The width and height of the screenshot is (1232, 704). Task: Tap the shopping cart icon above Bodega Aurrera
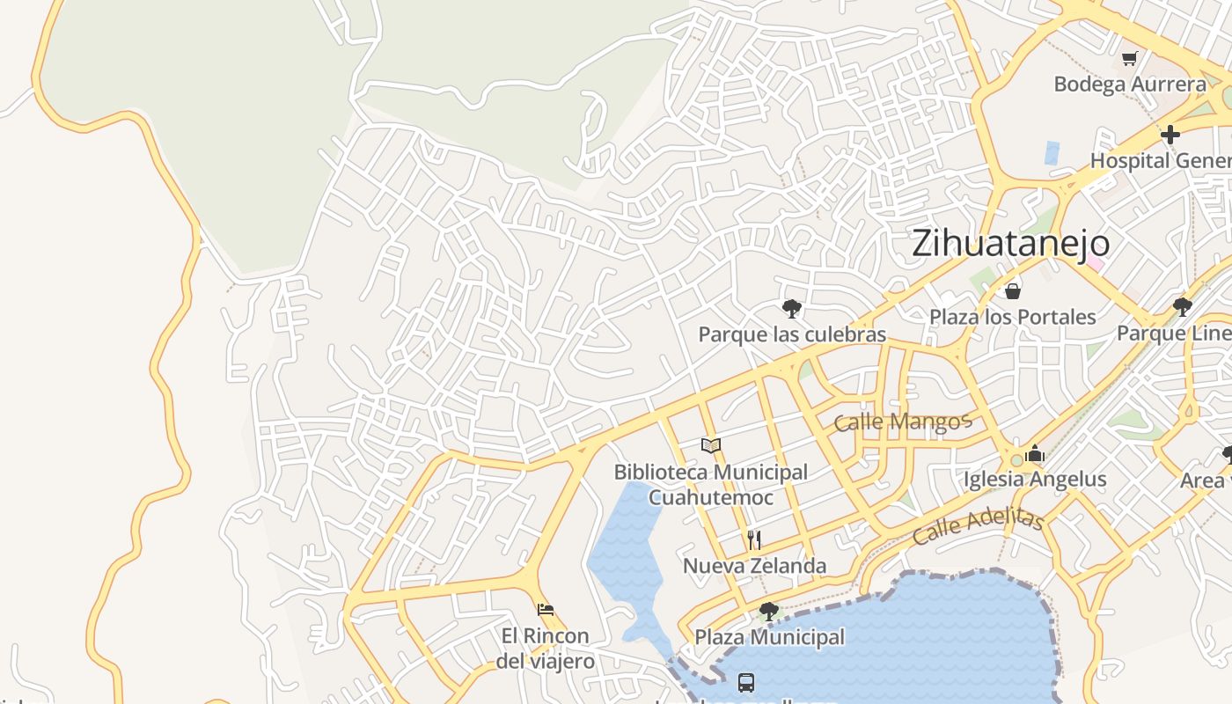pyautogui.click(x=1130, y=58)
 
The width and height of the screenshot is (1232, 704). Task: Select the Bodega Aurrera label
pyautogui.click(x=1130, y=84)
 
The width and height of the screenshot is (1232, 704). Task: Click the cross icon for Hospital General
pyautogui.click(x=1170, y=135)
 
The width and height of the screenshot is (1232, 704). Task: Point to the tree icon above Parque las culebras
pyautogui.click(x=792, y=308)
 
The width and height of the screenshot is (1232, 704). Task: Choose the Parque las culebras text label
pyautogui.click(x=792, y=334)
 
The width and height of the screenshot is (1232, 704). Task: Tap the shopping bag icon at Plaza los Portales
pyautogui.click(x=1013, y=290)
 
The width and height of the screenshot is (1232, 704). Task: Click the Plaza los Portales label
pyautogui.click(x=1013, y=317)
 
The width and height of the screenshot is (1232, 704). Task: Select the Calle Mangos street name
pyautogui.click(x=902, y=422)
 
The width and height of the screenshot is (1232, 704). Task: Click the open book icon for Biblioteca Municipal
pyautogui.click(x=711, y=445)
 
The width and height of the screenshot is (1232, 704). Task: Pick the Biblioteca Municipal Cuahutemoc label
pyautogui.click(x=711, y=485)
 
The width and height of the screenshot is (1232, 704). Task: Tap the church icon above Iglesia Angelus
pyautogui.click(x=1035, y=453)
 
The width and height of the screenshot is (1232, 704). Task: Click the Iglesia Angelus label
pyautogui.click(x=1035, y=480)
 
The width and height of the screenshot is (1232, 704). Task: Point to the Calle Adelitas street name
pyautogui.click(x=977, y=525)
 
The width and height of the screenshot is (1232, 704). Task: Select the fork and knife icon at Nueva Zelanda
pyautogui.click(x=754, y=539)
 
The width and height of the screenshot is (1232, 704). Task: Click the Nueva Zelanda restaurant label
pyautogui.click(x=754, y=566)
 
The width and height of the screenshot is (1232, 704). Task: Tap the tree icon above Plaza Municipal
pyautogui.click(x=769, y=611)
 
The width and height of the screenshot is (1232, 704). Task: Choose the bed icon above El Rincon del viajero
pyautogui.click(x=546, y=609)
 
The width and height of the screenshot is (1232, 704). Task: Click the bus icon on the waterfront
pyautogui.click(x=746, y=682)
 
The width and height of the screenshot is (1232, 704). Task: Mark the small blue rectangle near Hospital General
pyautogui.click(x=1052, y=153)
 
